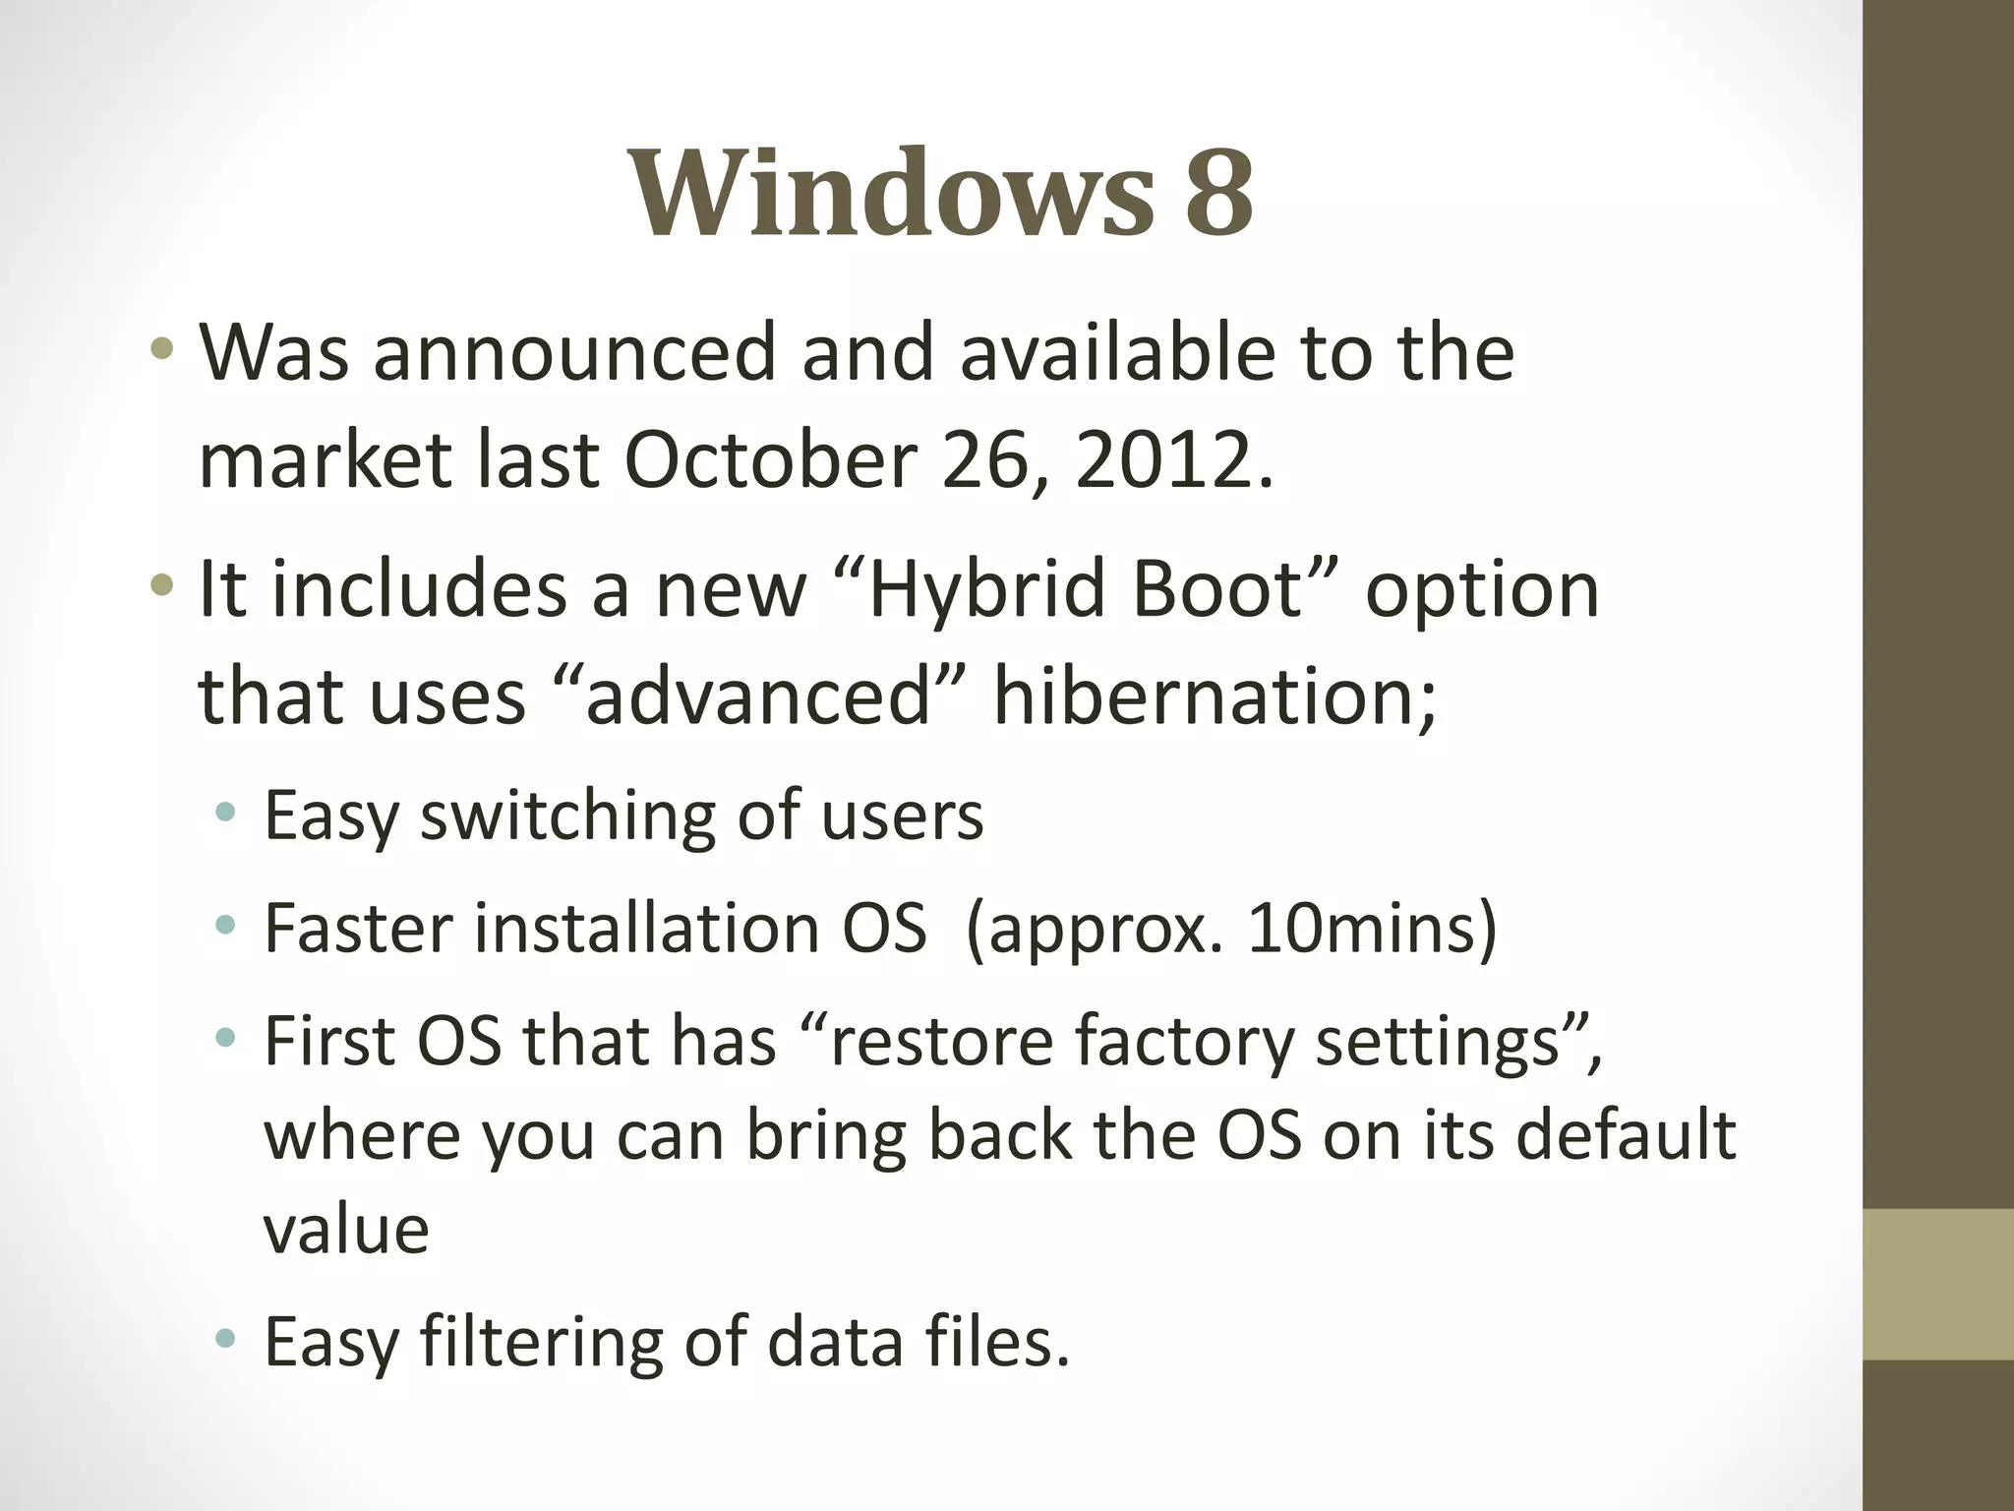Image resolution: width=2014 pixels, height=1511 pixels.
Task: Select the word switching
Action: point(567,816)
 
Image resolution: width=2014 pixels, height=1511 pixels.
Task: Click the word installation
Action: point(647,929)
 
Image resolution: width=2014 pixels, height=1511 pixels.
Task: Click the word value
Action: point(346,1230)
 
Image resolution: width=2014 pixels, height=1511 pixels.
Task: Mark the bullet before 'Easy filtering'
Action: point(226,1338)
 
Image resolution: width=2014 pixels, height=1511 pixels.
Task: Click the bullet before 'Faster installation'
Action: point(226,925)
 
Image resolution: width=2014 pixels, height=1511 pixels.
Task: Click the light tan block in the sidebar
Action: point(1937,1284)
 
